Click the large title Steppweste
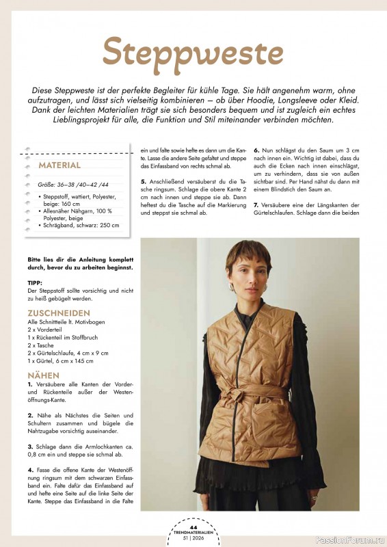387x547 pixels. tap(193, 52)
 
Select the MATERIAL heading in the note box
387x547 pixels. tap(59, 165)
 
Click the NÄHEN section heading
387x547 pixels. tap(44, 375)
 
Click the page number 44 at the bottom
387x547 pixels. tap(193, 526)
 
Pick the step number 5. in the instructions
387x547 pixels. tap(144, 181)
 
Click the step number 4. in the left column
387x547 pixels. tap(31, 470)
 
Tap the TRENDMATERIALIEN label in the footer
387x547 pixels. tap(193, 533)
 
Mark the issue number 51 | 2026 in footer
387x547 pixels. tap(193, 539)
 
